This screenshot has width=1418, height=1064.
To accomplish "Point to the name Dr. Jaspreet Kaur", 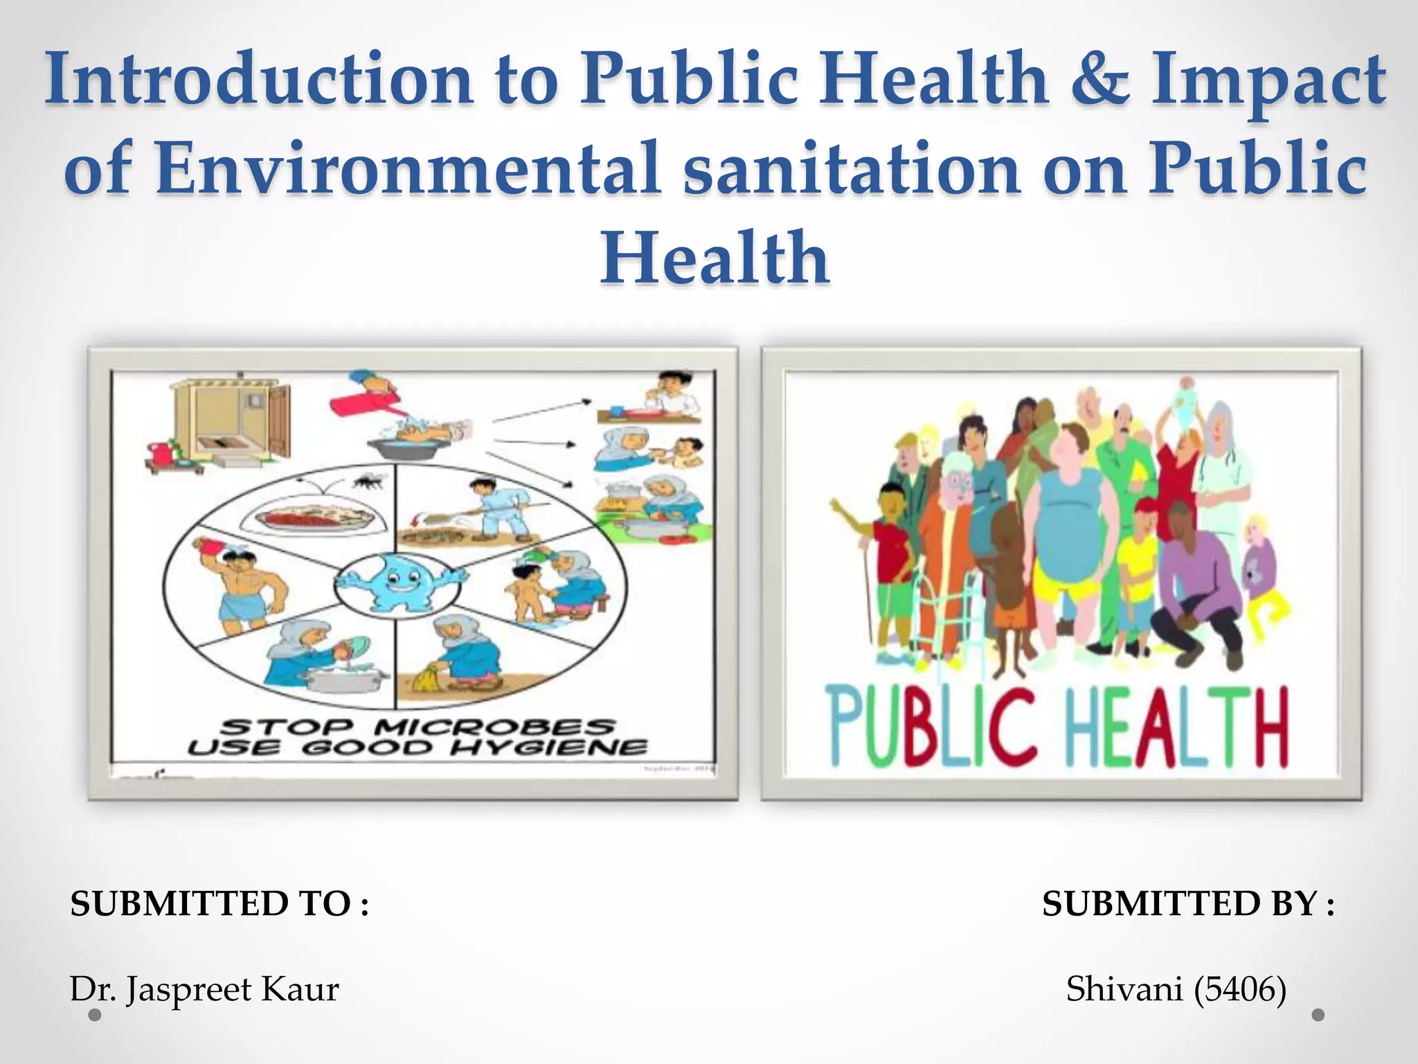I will (x=204, y=989).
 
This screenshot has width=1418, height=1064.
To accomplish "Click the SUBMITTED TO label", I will (x=219, y=904).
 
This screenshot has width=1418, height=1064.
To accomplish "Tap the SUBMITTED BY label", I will (x=1188, y=904).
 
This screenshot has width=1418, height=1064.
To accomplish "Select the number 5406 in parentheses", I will (x=1239, y=989).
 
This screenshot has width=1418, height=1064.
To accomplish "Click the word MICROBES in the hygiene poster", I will (x=494, y=727).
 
